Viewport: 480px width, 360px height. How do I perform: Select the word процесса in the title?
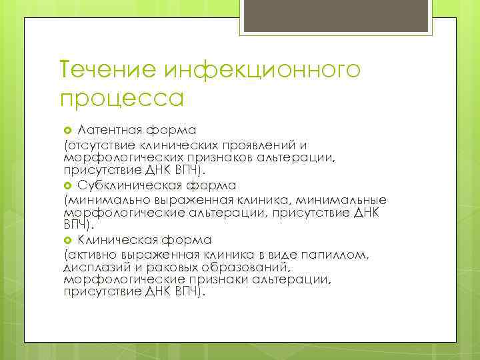121,99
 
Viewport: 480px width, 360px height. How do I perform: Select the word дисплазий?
92,267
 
